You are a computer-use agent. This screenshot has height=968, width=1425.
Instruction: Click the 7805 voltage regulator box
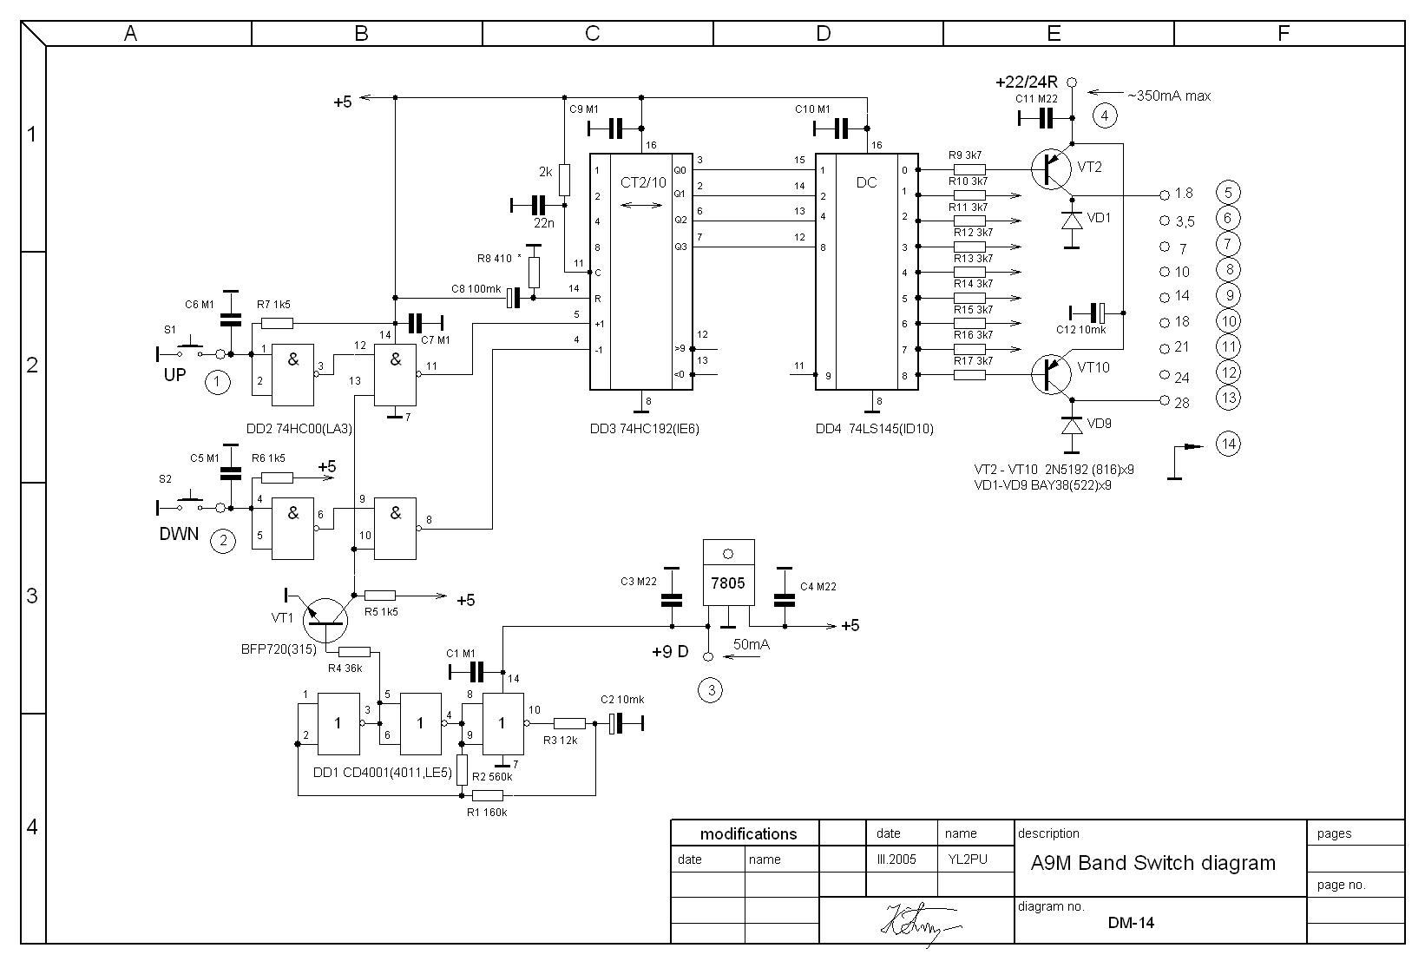pyautogui.click(x=728, y=572)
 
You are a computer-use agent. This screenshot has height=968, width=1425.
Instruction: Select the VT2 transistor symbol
pyautogui.click(x=1052, y=169)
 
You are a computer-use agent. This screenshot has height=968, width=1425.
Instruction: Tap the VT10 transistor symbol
pyautogui.click(x=1052, y=374)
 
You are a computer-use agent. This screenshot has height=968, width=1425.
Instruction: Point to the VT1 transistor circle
pyautogui.click(x=325, y=621)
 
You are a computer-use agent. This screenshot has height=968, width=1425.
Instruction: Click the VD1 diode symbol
pyautogui.click(x=1072, y=221)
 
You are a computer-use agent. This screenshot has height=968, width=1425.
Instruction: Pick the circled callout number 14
pyautogui.click(x=1228, y=444)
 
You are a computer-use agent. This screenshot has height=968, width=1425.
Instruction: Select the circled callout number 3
pyautogui.click(x=711, y=690)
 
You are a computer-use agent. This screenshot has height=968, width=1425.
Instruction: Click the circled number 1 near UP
pyautogui.click(x=218, y=382)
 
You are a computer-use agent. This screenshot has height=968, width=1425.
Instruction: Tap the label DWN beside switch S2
pyautogui.click(x=179, y=534)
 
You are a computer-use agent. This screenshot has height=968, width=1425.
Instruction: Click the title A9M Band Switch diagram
pyautogui.click(x=1152, y=863)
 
